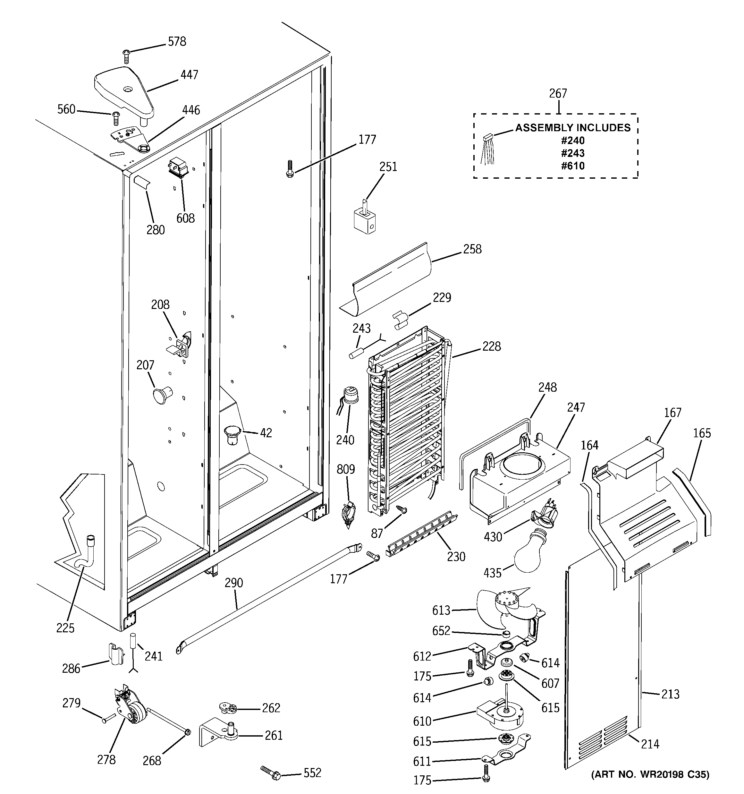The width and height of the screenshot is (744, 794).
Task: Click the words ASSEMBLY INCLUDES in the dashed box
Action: [x=573, y=128]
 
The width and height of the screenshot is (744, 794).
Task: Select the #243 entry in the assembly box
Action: [x=573, y=153]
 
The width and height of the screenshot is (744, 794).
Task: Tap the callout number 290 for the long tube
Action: [x=234, y=583]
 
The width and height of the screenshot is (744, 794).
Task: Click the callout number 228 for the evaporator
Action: [x=491, y=346]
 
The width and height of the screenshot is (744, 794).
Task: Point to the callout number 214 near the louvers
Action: [x=650, y=744]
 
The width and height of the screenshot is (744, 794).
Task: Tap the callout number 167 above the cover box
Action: [x=672, y=413]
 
